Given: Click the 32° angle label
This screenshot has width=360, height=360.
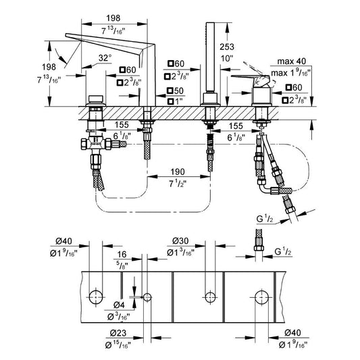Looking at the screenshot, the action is (x=105, y=57).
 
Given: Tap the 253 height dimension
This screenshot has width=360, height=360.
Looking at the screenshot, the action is (x=227, y=47).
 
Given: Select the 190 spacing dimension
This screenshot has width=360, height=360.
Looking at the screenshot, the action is (x=178, y=172).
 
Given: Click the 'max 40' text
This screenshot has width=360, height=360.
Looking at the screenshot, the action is (x=292, y=61).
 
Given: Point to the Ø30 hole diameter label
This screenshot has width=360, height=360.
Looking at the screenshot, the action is (x=180, y=241).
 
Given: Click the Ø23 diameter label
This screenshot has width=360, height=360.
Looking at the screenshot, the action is (x=118, y=333).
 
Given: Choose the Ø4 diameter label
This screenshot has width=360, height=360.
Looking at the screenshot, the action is (x=119, y=305).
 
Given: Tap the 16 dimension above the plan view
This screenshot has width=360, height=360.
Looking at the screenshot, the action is (x=122, y=255).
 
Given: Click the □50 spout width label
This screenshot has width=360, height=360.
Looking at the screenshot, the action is (x=176, y=91).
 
